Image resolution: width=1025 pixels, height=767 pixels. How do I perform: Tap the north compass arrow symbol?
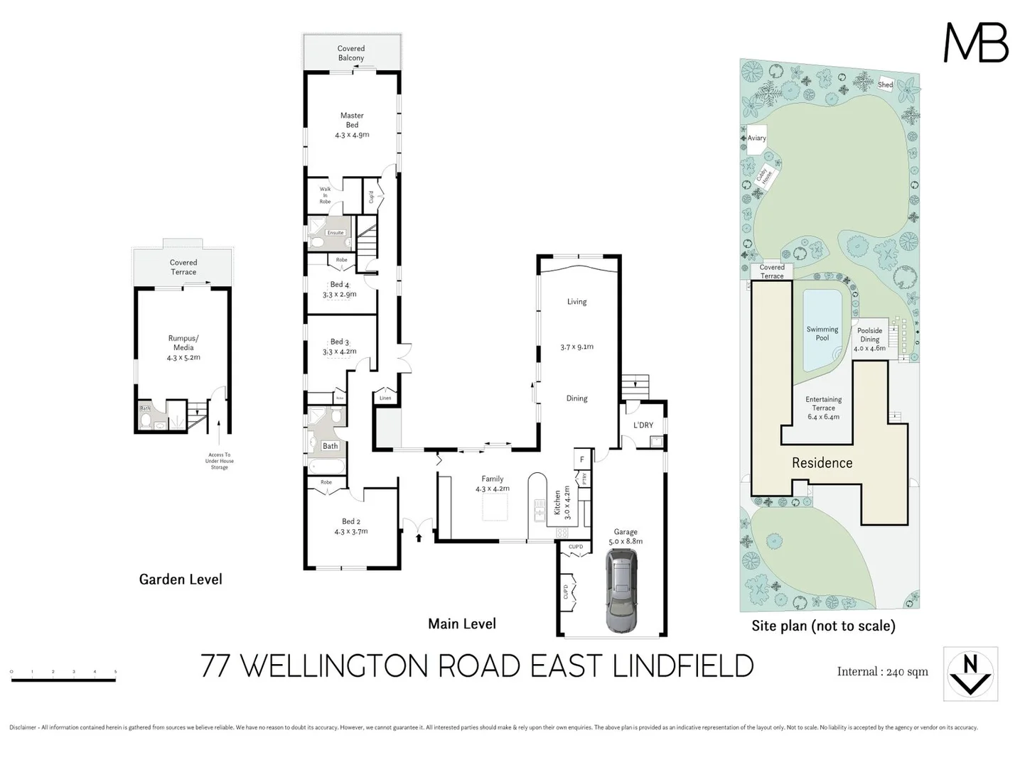point(970,674)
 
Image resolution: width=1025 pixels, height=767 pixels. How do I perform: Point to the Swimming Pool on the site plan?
point(822,333)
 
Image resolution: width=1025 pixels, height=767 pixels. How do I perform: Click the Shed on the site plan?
point(885,85)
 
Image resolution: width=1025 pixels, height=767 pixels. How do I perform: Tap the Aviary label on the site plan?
point(756,138)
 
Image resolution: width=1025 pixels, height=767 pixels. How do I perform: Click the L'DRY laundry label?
point(643,425)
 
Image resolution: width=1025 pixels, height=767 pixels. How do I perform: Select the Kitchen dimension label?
point(562,503)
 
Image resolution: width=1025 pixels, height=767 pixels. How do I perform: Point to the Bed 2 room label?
point(351,526)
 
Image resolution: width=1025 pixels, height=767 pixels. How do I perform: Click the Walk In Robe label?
point(325,195)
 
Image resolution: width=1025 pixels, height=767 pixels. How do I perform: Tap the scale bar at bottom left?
point(63,680)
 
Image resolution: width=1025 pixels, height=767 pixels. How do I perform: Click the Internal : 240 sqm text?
point(882,672)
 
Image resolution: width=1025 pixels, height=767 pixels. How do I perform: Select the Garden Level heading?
point(181,580)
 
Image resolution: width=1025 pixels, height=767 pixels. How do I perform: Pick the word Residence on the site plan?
point(822,463)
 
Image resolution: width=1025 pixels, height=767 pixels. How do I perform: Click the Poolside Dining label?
point(869,339)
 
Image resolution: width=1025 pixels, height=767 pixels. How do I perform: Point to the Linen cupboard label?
point(385,398)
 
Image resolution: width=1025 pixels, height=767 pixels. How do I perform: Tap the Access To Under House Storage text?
point(219,461)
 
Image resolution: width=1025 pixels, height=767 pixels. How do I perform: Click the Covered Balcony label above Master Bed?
point(351,53)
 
